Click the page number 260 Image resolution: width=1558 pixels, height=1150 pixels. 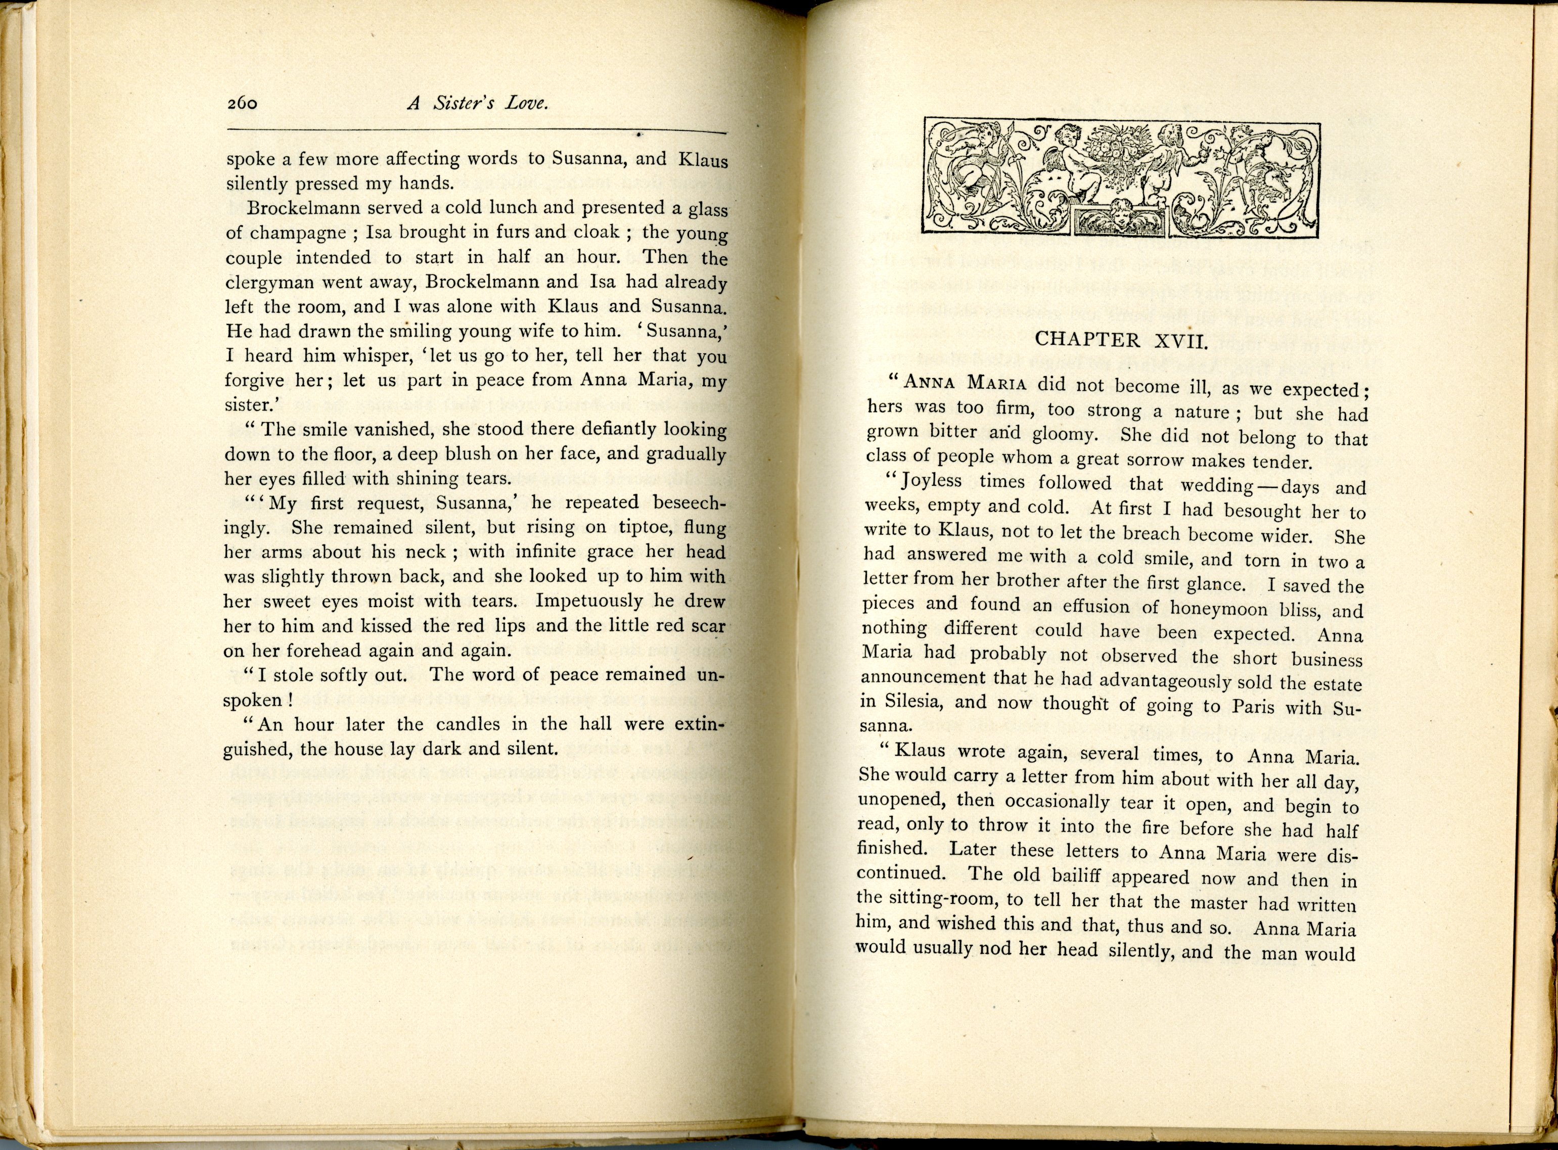242,104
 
